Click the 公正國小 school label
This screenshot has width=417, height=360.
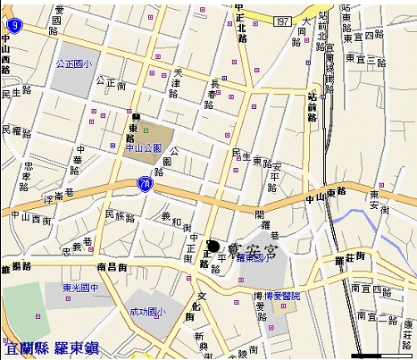pyautogui.click(x=74, y=64)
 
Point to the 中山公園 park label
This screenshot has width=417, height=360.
pyautogui.click(x=143, y=148)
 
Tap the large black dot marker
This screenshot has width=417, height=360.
pyautogui.click(x=213, y=245)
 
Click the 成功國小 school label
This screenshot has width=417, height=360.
pyautogui.click(x=148, y=313)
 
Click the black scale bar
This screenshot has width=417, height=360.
pyautogui.click(x=381, y=356)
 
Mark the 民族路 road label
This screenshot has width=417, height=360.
pyautogui.click(x=119, y=215)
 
